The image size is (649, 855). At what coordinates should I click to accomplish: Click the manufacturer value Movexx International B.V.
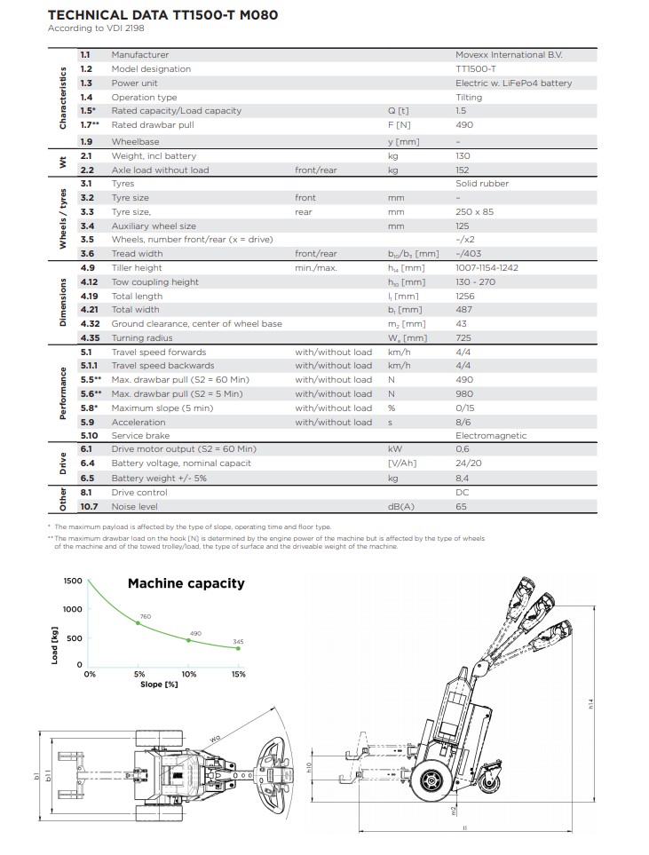click(x=509, y=55)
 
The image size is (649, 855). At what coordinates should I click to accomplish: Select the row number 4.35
click(x=89, y=337)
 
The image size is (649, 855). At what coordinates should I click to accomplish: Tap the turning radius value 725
click(x=464, y=337)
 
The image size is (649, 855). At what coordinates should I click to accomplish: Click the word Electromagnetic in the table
click(x=491, y=436)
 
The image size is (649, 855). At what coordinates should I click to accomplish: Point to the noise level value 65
click(x=461, y=506)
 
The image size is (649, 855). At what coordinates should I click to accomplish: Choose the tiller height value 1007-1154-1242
click(x=487, y=267)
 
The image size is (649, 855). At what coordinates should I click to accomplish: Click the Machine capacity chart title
click(x=186, y=583)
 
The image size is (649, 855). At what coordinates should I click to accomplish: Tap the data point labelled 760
click(x=138, y=623)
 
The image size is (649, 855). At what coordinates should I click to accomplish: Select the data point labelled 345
click(x=238, y=649)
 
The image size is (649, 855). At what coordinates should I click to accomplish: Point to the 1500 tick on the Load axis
click(x=72, y=581)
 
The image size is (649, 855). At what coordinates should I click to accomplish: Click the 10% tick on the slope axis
click(x=188, y=675)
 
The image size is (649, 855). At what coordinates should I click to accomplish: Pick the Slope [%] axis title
click(x=160, y=685)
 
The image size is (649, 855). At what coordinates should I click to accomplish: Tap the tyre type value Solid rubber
click(x=482, y=184)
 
